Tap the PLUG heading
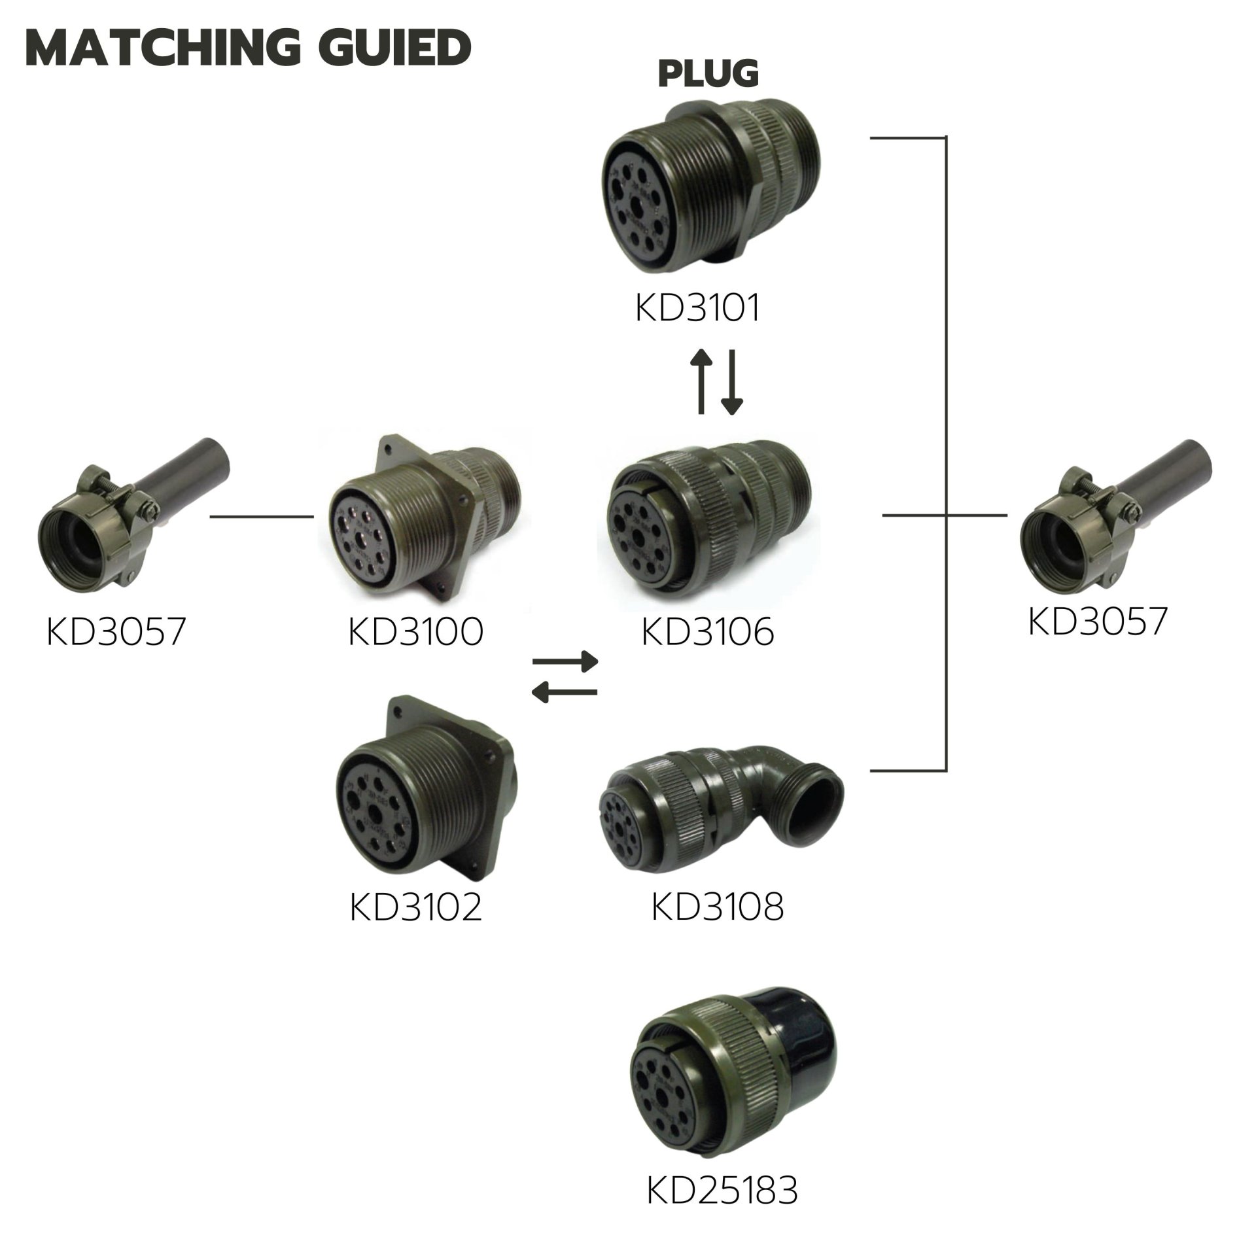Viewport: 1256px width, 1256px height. (x=708, y=73)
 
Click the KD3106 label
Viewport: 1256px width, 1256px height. (x=708, y=632)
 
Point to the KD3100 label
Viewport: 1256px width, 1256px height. (x=416, y=632)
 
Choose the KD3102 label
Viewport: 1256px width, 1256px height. (x=416, y=907)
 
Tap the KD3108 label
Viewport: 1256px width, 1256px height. (x=718, y=907)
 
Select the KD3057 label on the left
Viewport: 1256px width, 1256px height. (x=116, y=632)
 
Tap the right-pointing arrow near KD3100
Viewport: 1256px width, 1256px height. (x=566, y=661)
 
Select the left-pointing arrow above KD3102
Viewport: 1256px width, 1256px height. (x=565, y=691)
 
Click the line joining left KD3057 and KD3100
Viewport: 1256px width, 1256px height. (x=262, y=516)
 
